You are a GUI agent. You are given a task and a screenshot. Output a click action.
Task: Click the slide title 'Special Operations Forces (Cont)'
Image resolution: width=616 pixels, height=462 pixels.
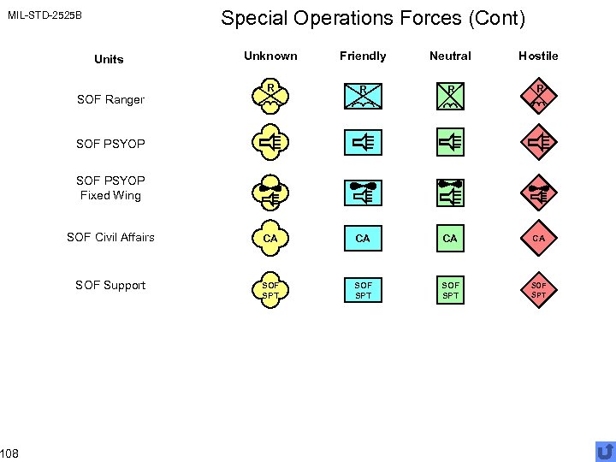coord(373,18)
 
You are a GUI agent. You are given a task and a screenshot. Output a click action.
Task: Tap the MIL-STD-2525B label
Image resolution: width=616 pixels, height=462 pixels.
coord(44,15)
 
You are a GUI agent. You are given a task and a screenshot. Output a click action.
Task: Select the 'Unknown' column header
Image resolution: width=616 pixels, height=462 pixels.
coord(270,56)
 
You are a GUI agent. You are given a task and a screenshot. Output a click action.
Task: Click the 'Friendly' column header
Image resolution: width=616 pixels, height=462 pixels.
coord(363,56)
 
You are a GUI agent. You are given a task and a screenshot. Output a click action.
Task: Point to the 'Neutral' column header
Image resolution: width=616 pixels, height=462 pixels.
coord(450,56)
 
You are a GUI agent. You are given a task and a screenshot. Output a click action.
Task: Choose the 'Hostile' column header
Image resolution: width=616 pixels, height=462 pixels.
coord(538,56)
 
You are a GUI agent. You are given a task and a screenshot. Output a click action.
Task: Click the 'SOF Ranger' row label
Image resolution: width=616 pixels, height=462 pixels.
coord(110,100)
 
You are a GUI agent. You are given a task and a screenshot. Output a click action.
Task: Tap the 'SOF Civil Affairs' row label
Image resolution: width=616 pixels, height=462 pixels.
coord(110,237)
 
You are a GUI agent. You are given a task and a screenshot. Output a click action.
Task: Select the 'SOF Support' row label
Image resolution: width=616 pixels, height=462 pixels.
coord(110,285)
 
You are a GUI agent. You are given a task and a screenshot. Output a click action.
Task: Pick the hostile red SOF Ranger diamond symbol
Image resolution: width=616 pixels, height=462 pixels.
coord(539,97)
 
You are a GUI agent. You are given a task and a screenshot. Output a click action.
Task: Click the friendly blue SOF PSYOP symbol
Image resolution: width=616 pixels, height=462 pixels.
coord(363,143)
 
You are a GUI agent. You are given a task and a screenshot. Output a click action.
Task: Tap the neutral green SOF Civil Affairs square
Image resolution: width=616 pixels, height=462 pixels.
coord(450,238)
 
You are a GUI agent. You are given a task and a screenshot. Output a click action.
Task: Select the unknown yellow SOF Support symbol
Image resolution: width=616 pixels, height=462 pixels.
coord(270,289)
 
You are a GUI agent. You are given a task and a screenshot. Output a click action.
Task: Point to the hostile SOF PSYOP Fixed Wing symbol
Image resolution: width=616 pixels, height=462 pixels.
coord(539,191)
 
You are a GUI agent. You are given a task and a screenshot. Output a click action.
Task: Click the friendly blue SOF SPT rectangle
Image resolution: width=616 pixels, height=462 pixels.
coord(363,290)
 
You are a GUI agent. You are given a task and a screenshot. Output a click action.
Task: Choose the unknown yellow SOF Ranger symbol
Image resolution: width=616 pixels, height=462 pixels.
coord(270,97)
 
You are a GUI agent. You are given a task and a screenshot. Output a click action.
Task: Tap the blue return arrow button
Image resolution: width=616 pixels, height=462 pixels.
coord(605,451)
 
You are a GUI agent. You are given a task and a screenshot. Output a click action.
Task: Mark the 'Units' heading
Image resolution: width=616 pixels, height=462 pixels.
coord(109,59)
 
